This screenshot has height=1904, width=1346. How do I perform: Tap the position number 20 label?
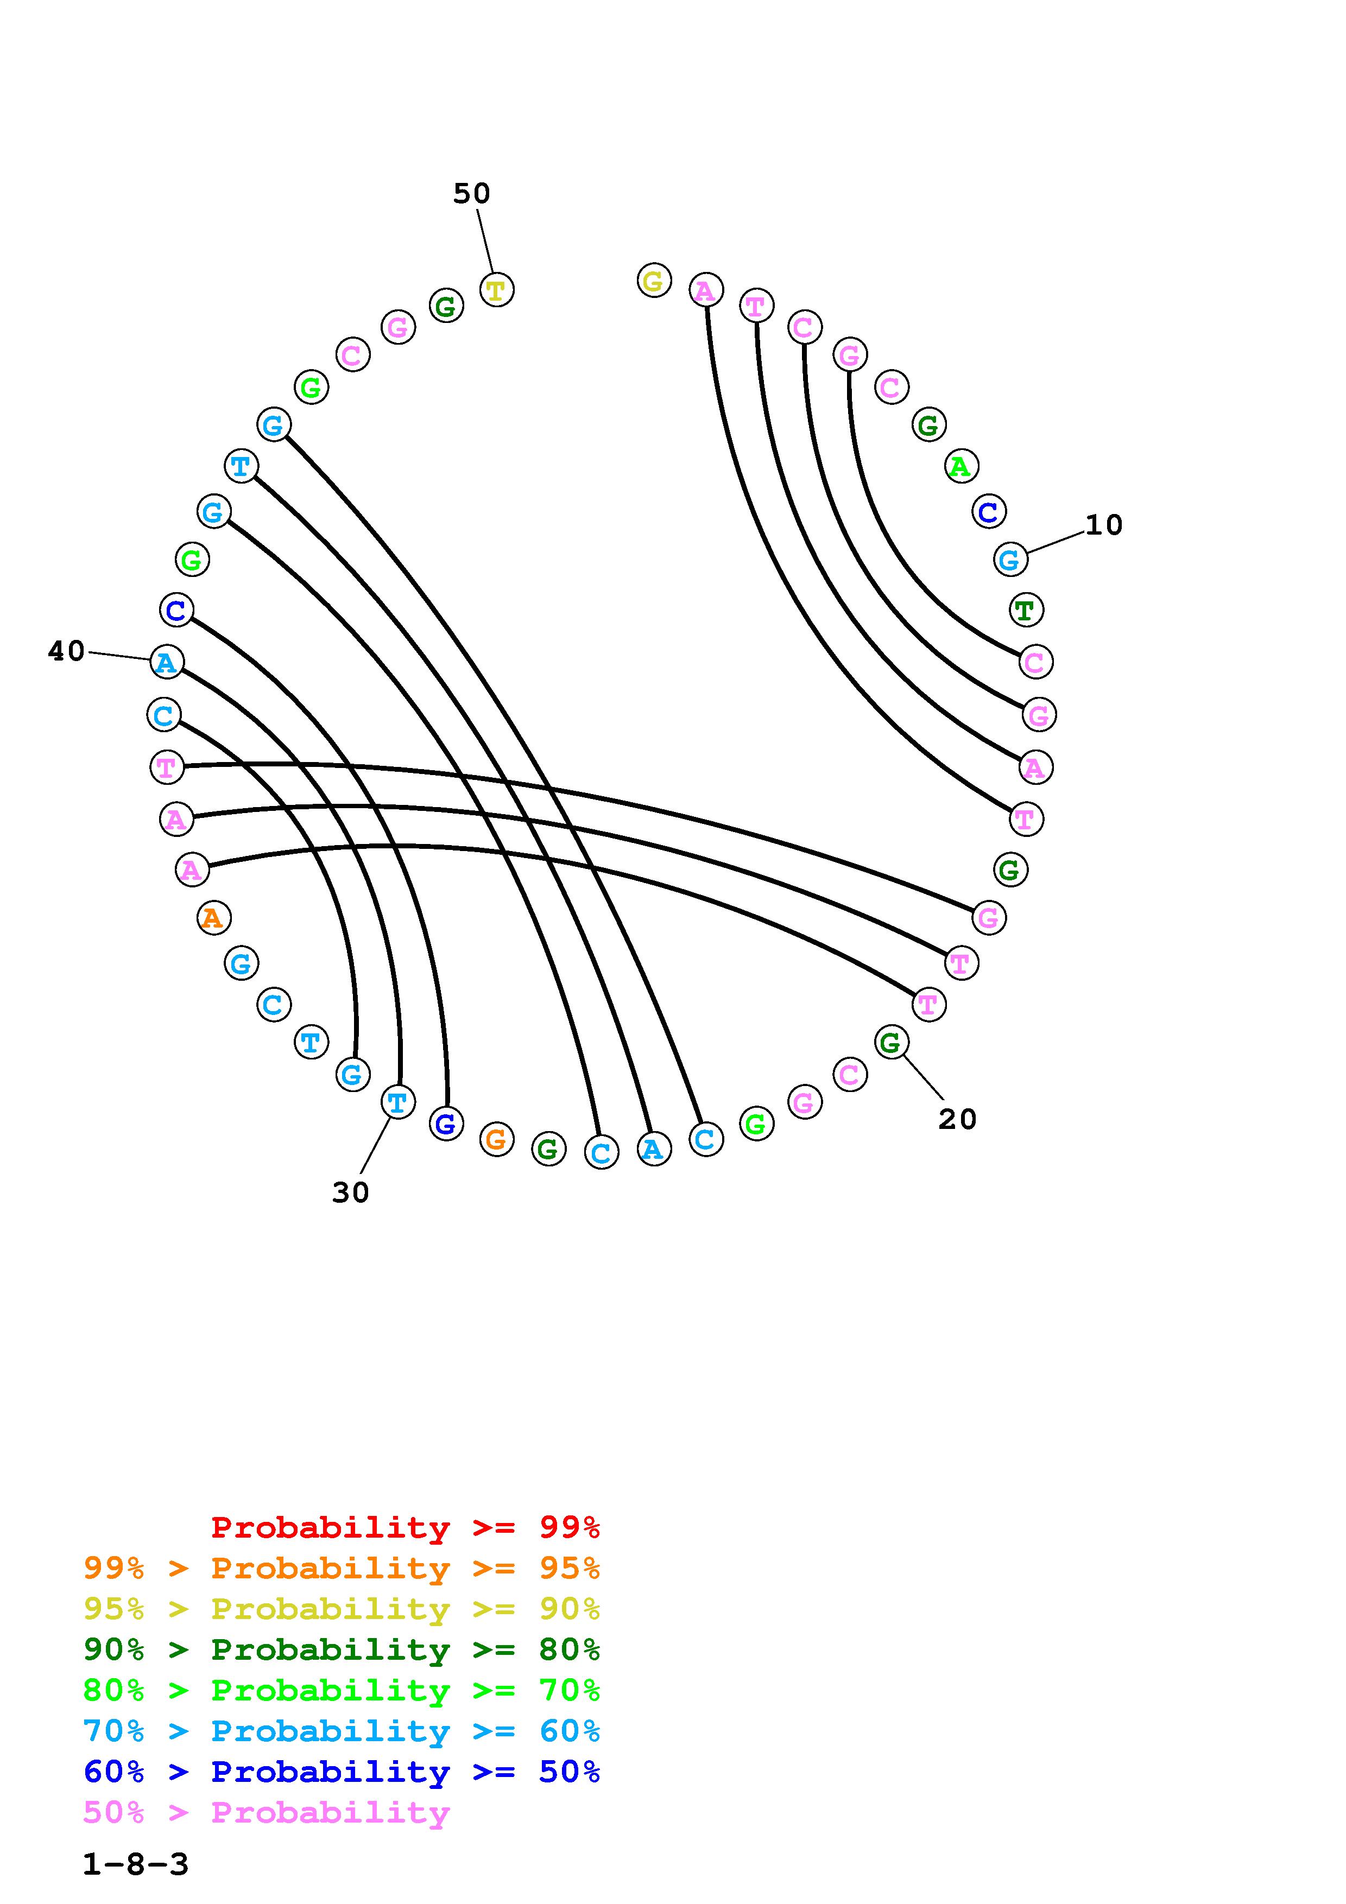tap(957, 1120)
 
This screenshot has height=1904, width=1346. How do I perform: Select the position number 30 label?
tap(350, 1192)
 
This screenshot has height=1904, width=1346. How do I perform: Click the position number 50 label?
tap(471, 193)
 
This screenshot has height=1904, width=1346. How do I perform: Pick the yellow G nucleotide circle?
tap(654, 281)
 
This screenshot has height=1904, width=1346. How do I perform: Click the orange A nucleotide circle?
tap(214, 918)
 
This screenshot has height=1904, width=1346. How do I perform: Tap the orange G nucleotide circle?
tap(496, 1139)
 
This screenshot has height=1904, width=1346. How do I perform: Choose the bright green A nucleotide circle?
tap(960, 467)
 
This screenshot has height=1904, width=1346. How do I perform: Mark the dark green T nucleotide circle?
tap(1025, 611)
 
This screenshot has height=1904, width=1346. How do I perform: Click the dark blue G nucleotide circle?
tap(445, 1125)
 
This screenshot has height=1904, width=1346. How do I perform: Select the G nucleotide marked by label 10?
tap(1009, 560)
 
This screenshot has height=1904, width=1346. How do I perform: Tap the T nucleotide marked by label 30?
tap(397, 1103)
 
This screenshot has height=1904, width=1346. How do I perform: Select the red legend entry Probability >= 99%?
tap(405, 1527)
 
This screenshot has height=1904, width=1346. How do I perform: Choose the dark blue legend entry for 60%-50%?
tap(342, 1772)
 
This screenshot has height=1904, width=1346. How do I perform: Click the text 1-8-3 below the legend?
tap(136, 1865)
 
